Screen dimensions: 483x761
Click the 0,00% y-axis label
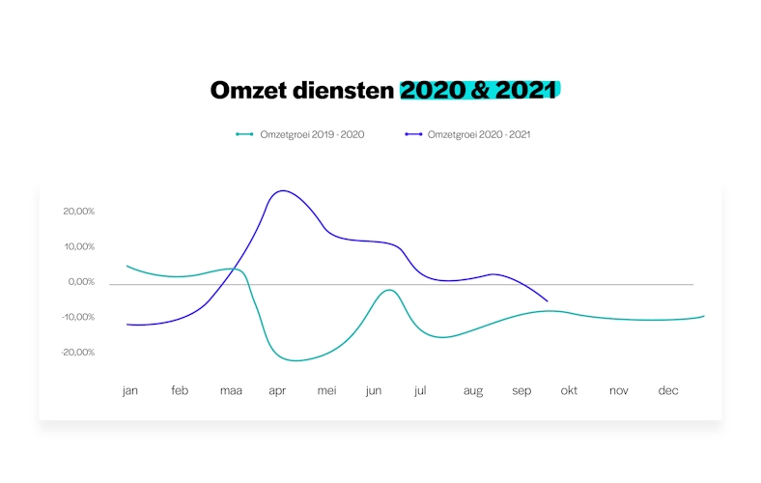coord(80,282)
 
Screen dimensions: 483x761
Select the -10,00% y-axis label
coord(76,317)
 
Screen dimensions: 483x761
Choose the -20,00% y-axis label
coord(76,352)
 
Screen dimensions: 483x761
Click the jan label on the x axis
coord(130,391)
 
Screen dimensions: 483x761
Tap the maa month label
coord(231,391)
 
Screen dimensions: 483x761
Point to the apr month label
coord(277,391)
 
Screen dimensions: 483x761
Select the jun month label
coord(374,391)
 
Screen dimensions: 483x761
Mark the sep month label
coord(521,391)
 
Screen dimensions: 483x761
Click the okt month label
coord(569,391)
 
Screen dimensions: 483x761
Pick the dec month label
coord(668,391)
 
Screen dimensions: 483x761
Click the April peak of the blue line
coord(281,190)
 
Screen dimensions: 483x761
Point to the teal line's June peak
coord(389,290)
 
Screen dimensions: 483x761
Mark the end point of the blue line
coord(547,301)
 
